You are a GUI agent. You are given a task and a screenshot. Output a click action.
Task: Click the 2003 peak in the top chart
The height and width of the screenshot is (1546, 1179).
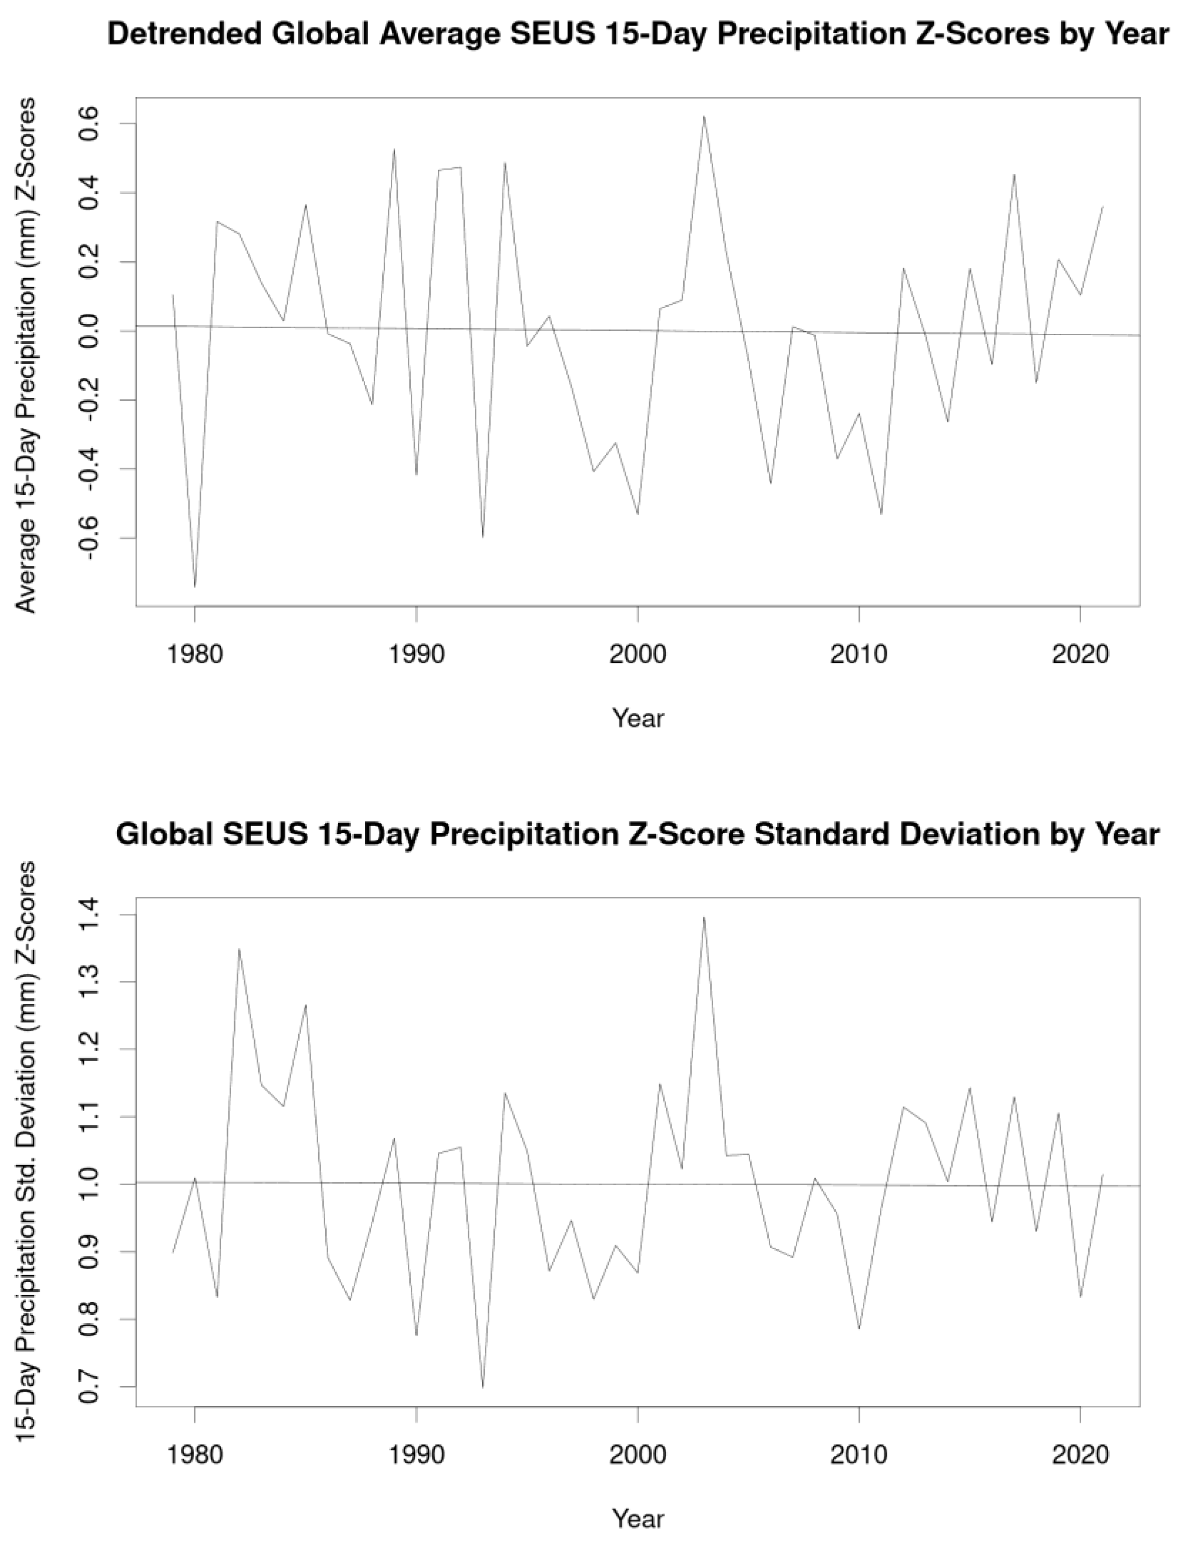[x=704, y=116]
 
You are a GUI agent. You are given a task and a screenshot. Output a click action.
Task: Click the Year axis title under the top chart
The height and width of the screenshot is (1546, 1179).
[x=637, y=717]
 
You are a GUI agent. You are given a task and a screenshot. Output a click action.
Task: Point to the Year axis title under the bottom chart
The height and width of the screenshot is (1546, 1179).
[x=637, y=1518]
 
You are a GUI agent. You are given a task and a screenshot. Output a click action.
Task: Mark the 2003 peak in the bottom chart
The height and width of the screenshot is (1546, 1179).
[x=704, y=917]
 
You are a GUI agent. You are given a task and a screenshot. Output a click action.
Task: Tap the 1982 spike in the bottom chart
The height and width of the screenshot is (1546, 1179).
[x=239, y=950]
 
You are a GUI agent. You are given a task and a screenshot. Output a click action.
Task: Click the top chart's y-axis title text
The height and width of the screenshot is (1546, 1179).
[x=26, y=354]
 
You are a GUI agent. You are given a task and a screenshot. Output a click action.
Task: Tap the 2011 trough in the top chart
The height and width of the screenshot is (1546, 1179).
[x=881, y=514]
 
